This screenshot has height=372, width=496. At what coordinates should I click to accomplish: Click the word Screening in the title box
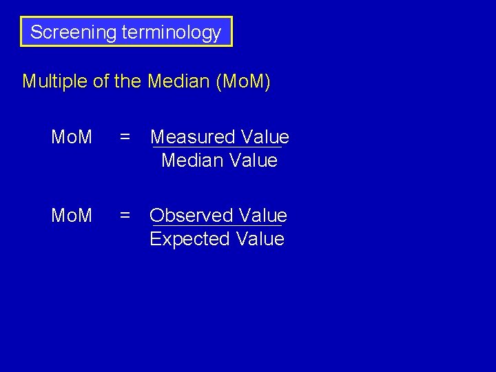(72, 32)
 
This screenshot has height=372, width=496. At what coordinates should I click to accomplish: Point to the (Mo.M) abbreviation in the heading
(243, 82)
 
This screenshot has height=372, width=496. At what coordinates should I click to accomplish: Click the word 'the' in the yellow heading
(127, 82)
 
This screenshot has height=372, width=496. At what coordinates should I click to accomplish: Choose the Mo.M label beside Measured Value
(72, 137)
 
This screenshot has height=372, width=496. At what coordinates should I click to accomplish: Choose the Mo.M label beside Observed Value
(72, 216)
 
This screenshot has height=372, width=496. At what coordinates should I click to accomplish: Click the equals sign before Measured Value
(125, 137)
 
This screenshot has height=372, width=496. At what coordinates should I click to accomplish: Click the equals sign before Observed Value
(125, 216)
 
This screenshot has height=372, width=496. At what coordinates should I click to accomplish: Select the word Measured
(190, 137)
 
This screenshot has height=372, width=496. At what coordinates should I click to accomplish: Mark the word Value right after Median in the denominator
(254, 161)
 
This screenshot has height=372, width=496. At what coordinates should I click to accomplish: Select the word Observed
(189, 216)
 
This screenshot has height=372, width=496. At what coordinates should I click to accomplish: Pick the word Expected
(189, 239)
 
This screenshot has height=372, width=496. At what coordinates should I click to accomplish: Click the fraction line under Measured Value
(217, 147)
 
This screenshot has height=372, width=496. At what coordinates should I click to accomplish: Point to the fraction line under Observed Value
(217, 226)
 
